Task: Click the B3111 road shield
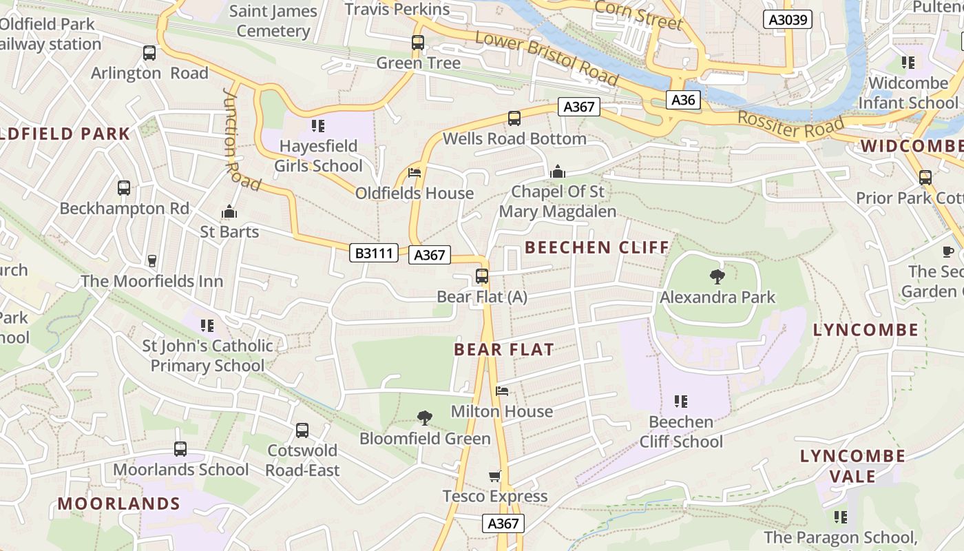pos(374,253)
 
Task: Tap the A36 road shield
pos(683,100)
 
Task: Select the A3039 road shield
pos(787,19)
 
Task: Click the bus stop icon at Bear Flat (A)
pos(482,276)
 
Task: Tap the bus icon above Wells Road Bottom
pos(514,118)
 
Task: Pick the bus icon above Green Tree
pos(418,43)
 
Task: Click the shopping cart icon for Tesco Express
pos(494,476)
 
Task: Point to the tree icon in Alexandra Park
pos(717,277)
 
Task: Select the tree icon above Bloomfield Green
pos(425,417)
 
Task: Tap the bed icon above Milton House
pos(502,391)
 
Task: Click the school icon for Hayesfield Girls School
pos(317,125)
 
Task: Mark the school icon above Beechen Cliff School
pos(681,401)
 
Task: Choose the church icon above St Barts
pos(229,211)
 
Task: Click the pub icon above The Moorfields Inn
pos(152,260)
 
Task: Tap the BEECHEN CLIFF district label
pos(597,247)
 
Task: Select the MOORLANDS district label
pos(118,503)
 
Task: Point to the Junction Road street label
pos(241,140)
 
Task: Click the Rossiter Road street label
pos(790,125)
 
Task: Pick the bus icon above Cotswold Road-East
pos(302,430)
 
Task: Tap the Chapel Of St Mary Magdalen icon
pos(558,171)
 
